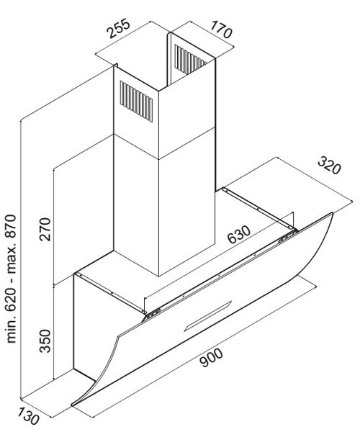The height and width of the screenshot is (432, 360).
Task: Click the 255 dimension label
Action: pos(119,28)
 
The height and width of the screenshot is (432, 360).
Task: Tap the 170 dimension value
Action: pos(221,30)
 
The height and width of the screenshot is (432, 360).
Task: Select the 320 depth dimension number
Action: pos(329,165)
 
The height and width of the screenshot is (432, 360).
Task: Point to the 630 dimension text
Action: pos(239,235)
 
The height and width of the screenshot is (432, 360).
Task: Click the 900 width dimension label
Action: pos(211,357)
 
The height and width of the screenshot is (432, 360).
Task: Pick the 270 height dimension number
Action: pos(45,229)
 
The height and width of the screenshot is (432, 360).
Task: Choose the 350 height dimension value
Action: pos(45,341)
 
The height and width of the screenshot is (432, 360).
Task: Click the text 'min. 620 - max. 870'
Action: pos(12,279)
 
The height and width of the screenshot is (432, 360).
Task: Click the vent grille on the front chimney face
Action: pos(136,101)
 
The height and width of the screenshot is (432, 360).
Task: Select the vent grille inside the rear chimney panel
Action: pos(190,60)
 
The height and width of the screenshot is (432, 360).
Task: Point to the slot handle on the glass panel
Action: pos(208,315)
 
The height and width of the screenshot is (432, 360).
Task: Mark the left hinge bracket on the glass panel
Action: pos(153,314)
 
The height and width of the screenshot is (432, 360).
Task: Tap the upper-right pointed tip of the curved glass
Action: pos(333,213)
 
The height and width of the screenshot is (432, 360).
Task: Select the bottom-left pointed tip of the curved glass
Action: pos(72,405)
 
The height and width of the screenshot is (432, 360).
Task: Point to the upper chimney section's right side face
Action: pos(187,107)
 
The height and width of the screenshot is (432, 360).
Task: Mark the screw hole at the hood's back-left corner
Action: pos(78,274)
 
